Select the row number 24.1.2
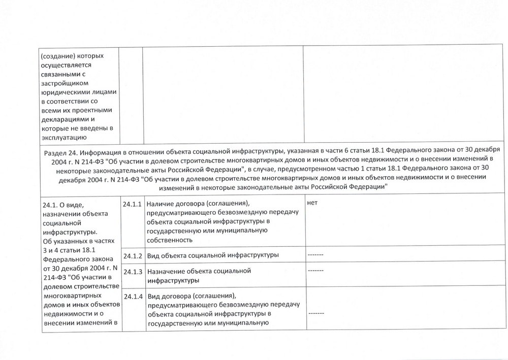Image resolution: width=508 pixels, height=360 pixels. [132, 254]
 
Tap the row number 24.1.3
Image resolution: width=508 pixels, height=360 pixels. [132, 271]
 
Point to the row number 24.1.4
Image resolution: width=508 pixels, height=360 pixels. [132, 296]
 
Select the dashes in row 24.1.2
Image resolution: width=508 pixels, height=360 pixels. [315, 254]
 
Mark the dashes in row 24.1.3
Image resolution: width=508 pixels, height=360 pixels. [315, 271]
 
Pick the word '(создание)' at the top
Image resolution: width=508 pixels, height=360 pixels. [57, 55]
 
